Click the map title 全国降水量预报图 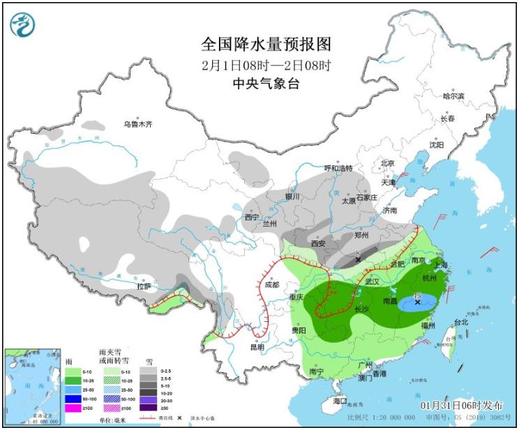tap(265, 45)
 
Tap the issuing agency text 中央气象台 tap(265, 83)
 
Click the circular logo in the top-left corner tap(23, 25)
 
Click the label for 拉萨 tap(144, 286)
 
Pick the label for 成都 tap(272, 284)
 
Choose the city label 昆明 tap(256, 346)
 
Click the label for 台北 tap(461, 322)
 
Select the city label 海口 tap(340, 401)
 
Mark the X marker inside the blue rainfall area tap(418, 302)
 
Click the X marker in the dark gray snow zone tap(358, 259)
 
